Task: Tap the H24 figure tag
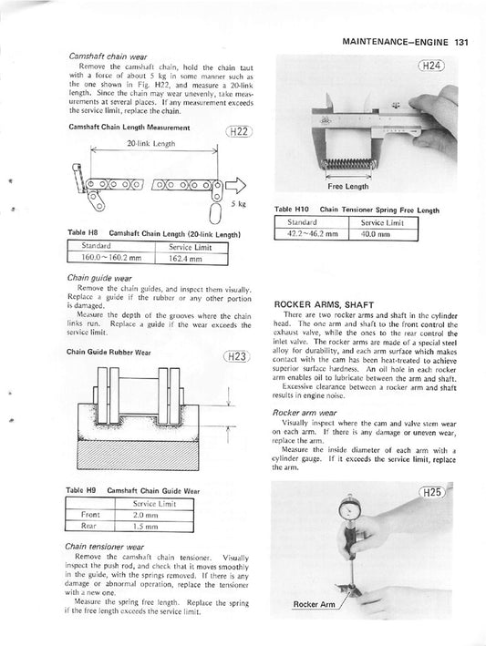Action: pyautogui.click(x=430, y=65)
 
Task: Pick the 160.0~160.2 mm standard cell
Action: pyautogui.click(x=110, y=258)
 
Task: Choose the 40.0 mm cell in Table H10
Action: pyautogui.click(x=375, y=234)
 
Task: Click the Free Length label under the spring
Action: pyautogui.click(x=347, y=186)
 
